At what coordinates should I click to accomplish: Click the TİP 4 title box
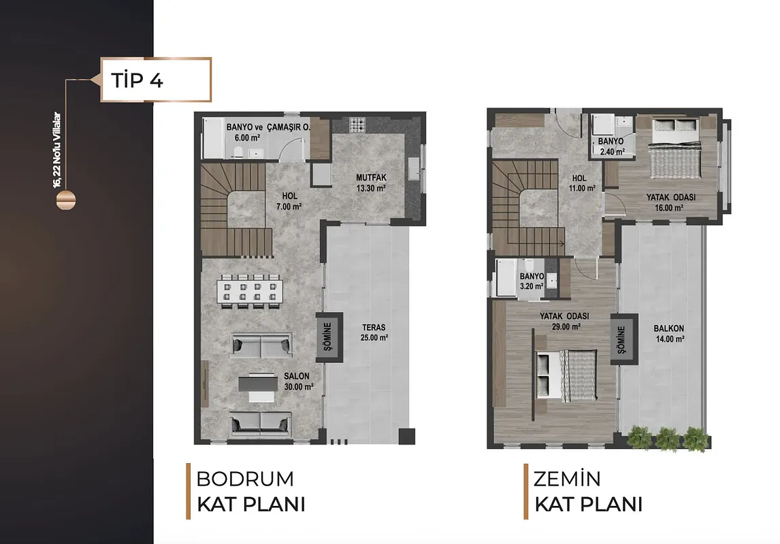156,80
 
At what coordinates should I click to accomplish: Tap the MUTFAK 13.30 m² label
371,183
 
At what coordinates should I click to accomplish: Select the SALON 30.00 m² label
299,381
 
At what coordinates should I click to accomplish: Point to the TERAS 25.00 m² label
374,333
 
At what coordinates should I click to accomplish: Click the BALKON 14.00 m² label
669,333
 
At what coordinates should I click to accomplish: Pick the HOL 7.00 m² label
289,201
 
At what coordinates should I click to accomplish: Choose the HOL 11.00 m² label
582,183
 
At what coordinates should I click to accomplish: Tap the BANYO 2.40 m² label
611,147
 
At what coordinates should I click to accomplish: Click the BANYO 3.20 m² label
532,282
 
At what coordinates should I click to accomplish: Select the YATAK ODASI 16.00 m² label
670,202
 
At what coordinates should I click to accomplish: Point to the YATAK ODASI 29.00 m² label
564,321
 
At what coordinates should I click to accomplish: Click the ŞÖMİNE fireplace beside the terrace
329,337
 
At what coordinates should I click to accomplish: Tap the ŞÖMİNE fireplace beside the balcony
624,340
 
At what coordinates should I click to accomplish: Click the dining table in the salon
250,292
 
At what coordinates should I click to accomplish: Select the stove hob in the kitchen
357,124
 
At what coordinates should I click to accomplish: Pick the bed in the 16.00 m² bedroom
677,148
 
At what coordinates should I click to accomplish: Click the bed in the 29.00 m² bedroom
566,375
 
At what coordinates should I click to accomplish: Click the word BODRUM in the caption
245,479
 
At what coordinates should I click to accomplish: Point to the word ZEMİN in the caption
567,479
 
